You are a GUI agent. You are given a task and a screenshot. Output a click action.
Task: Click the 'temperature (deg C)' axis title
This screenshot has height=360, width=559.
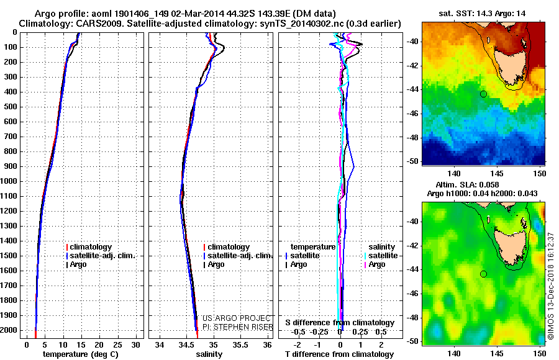80,354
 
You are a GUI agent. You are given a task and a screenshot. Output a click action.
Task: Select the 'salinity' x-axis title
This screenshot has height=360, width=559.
209,354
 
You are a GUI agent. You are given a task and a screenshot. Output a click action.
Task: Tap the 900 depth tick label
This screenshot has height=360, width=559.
10,166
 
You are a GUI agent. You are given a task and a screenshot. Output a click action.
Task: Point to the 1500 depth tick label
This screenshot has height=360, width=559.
9,256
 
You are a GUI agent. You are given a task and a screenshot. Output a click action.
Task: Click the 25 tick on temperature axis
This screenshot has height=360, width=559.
117,345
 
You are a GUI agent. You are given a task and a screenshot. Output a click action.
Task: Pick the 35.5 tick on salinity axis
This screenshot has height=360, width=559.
240,345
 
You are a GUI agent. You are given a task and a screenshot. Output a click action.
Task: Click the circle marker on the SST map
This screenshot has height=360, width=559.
483,94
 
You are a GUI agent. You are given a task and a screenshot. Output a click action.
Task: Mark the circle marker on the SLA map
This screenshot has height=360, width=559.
483,274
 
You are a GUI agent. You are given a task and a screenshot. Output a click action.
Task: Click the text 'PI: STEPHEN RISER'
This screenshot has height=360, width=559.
237,327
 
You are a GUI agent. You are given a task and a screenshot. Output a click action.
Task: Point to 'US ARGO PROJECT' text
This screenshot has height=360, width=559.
237,318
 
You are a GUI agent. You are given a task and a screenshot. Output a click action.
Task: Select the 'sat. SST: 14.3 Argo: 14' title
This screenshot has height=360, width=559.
482,14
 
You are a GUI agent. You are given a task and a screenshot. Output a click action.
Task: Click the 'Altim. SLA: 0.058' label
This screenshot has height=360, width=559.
467,184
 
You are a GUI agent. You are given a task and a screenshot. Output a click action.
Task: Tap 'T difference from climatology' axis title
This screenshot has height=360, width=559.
339,354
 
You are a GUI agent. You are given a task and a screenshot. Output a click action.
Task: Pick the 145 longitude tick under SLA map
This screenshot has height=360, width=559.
497,354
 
